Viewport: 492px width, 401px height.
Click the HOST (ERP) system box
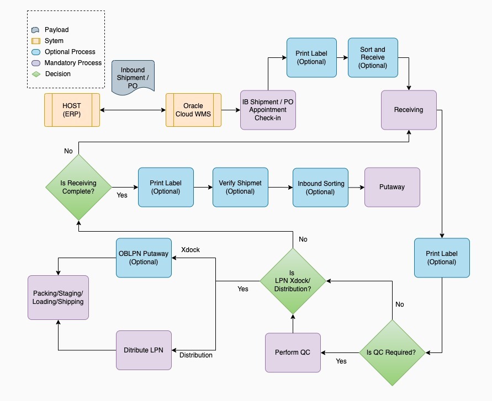coord(72,110)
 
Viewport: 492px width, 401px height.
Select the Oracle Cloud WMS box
coord(193,110)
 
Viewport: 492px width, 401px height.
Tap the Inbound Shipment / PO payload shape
coord(133,76)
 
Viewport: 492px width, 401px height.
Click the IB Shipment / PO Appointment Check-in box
coord(268,110)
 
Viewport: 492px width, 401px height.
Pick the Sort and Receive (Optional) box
coord(373,57)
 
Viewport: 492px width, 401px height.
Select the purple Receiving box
coord(409,110)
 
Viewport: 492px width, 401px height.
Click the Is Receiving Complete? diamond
coord(78,187)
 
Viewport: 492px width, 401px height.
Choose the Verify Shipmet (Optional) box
coord(240,187)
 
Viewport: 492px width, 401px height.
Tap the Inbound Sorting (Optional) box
coord(320,188)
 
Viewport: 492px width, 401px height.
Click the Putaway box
coord(392,187)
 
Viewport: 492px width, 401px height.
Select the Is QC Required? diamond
coord(392,352)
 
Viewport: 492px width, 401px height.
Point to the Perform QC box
coord(293,352)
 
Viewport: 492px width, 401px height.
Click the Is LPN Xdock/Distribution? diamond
coord(293,281)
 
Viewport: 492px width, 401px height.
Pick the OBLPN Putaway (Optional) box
coord(144,258)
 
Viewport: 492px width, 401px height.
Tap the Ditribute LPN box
coord(144,350)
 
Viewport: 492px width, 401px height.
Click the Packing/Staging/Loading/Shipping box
coord(58,297)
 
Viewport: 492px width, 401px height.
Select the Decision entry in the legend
coord(57,73)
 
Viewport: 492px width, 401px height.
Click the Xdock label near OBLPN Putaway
coord(191,250)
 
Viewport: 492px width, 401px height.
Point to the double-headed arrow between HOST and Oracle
coord(133,110)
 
